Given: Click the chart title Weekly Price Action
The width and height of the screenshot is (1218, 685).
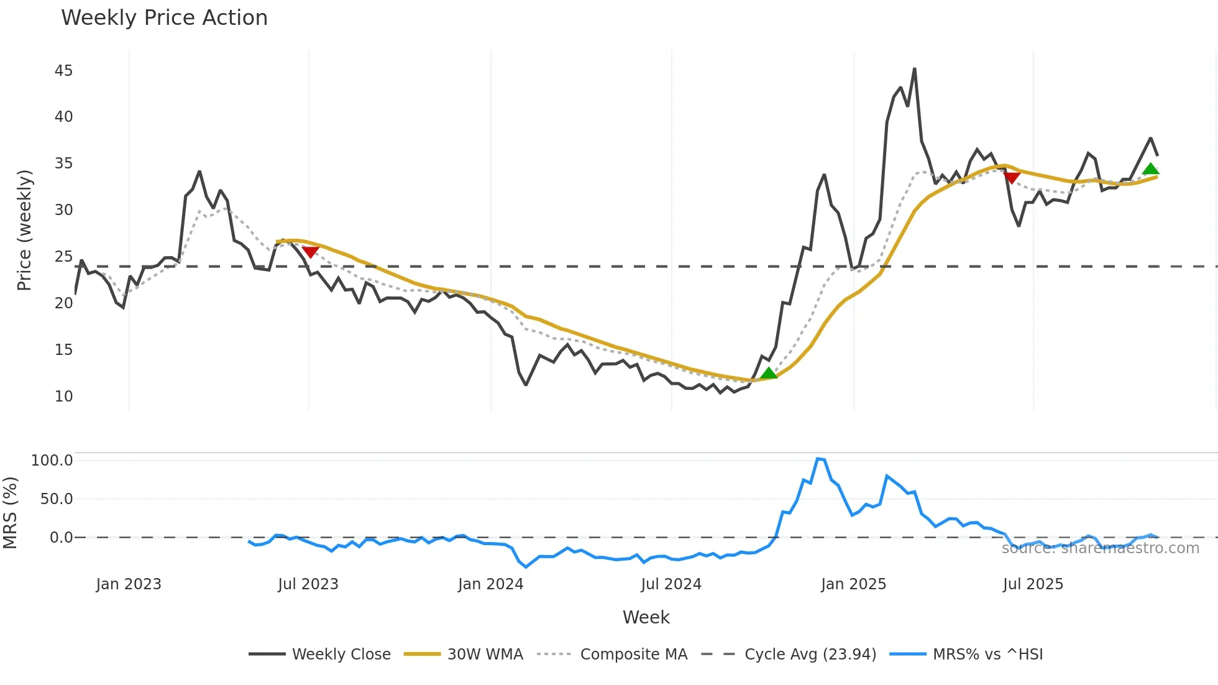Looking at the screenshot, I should point(164,18).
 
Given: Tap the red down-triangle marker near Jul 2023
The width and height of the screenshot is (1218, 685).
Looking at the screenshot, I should point(310,251).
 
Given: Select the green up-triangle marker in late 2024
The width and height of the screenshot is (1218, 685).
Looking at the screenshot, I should point(769,373).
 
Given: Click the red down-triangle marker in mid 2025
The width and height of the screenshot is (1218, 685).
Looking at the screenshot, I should point(1012,178).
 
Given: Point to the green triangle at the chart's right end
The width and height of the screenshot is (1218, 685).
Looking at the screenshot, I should point(1150,169).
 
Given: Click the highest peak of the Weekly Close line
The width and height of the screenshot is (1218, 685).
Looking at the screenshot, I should point(915,69).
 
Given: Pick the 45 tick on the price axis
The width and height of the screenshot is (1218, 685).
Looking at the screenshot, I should point(63,71).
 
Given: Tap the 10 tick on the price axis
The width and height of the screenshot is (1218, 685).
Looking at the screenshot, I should point(63,397).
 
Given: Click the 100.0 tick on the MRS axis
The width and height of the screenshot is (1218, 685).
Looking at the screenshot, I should point(52,461).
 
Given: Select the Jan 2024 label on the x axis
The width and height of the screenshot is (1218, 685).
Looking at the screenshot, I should point(490,584).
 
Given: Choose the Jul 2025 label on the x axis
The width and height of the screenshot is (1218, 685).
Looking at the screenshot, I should point(1033,584).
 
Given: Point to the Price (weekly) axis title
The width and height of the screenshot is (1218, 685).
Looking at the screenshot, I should point(24,230).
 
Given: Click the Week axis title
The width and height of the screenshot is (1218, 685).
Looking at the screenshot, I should point(646,617).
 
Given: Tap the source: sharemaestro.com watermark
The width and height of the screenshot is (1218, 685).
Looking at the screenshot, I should point(1100,548).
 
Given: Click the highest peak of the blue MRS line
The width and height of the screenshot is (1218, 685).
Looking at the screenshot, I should point(818,459).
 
